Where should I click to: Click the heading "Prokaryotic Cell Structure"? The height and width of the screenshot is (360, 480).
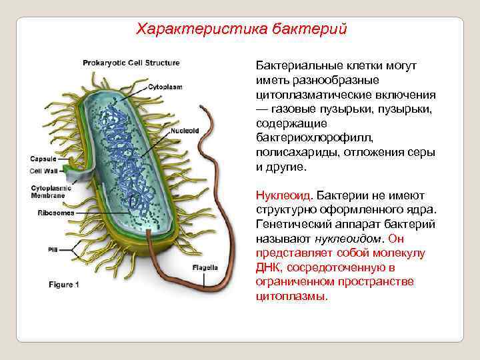click(x=131, y=63)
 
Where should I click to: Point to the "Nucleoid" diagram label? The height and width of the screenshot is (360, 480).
click(x=185, y=131)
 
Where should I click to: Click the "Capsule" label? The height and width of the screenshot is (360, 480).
click(x=43, y=159)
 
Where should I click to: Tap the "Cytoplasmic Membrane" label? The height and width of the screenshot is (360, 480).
click(x=47, y=193)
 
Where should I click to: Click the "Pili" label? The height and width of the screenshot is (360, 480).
click(x=53, y=249)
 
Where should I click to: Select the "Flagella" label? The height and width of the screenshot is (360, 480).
click(x=205, y=267)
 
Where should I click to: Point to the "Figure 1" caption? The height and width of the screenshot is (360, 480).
click(x=64, y=285)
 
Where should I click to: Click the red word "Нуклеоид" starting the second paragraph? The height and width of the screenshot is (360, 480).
click(x=283, y=195)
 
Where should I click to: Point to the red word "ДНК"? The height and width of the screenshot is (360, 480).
click(x=267, y=268)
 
